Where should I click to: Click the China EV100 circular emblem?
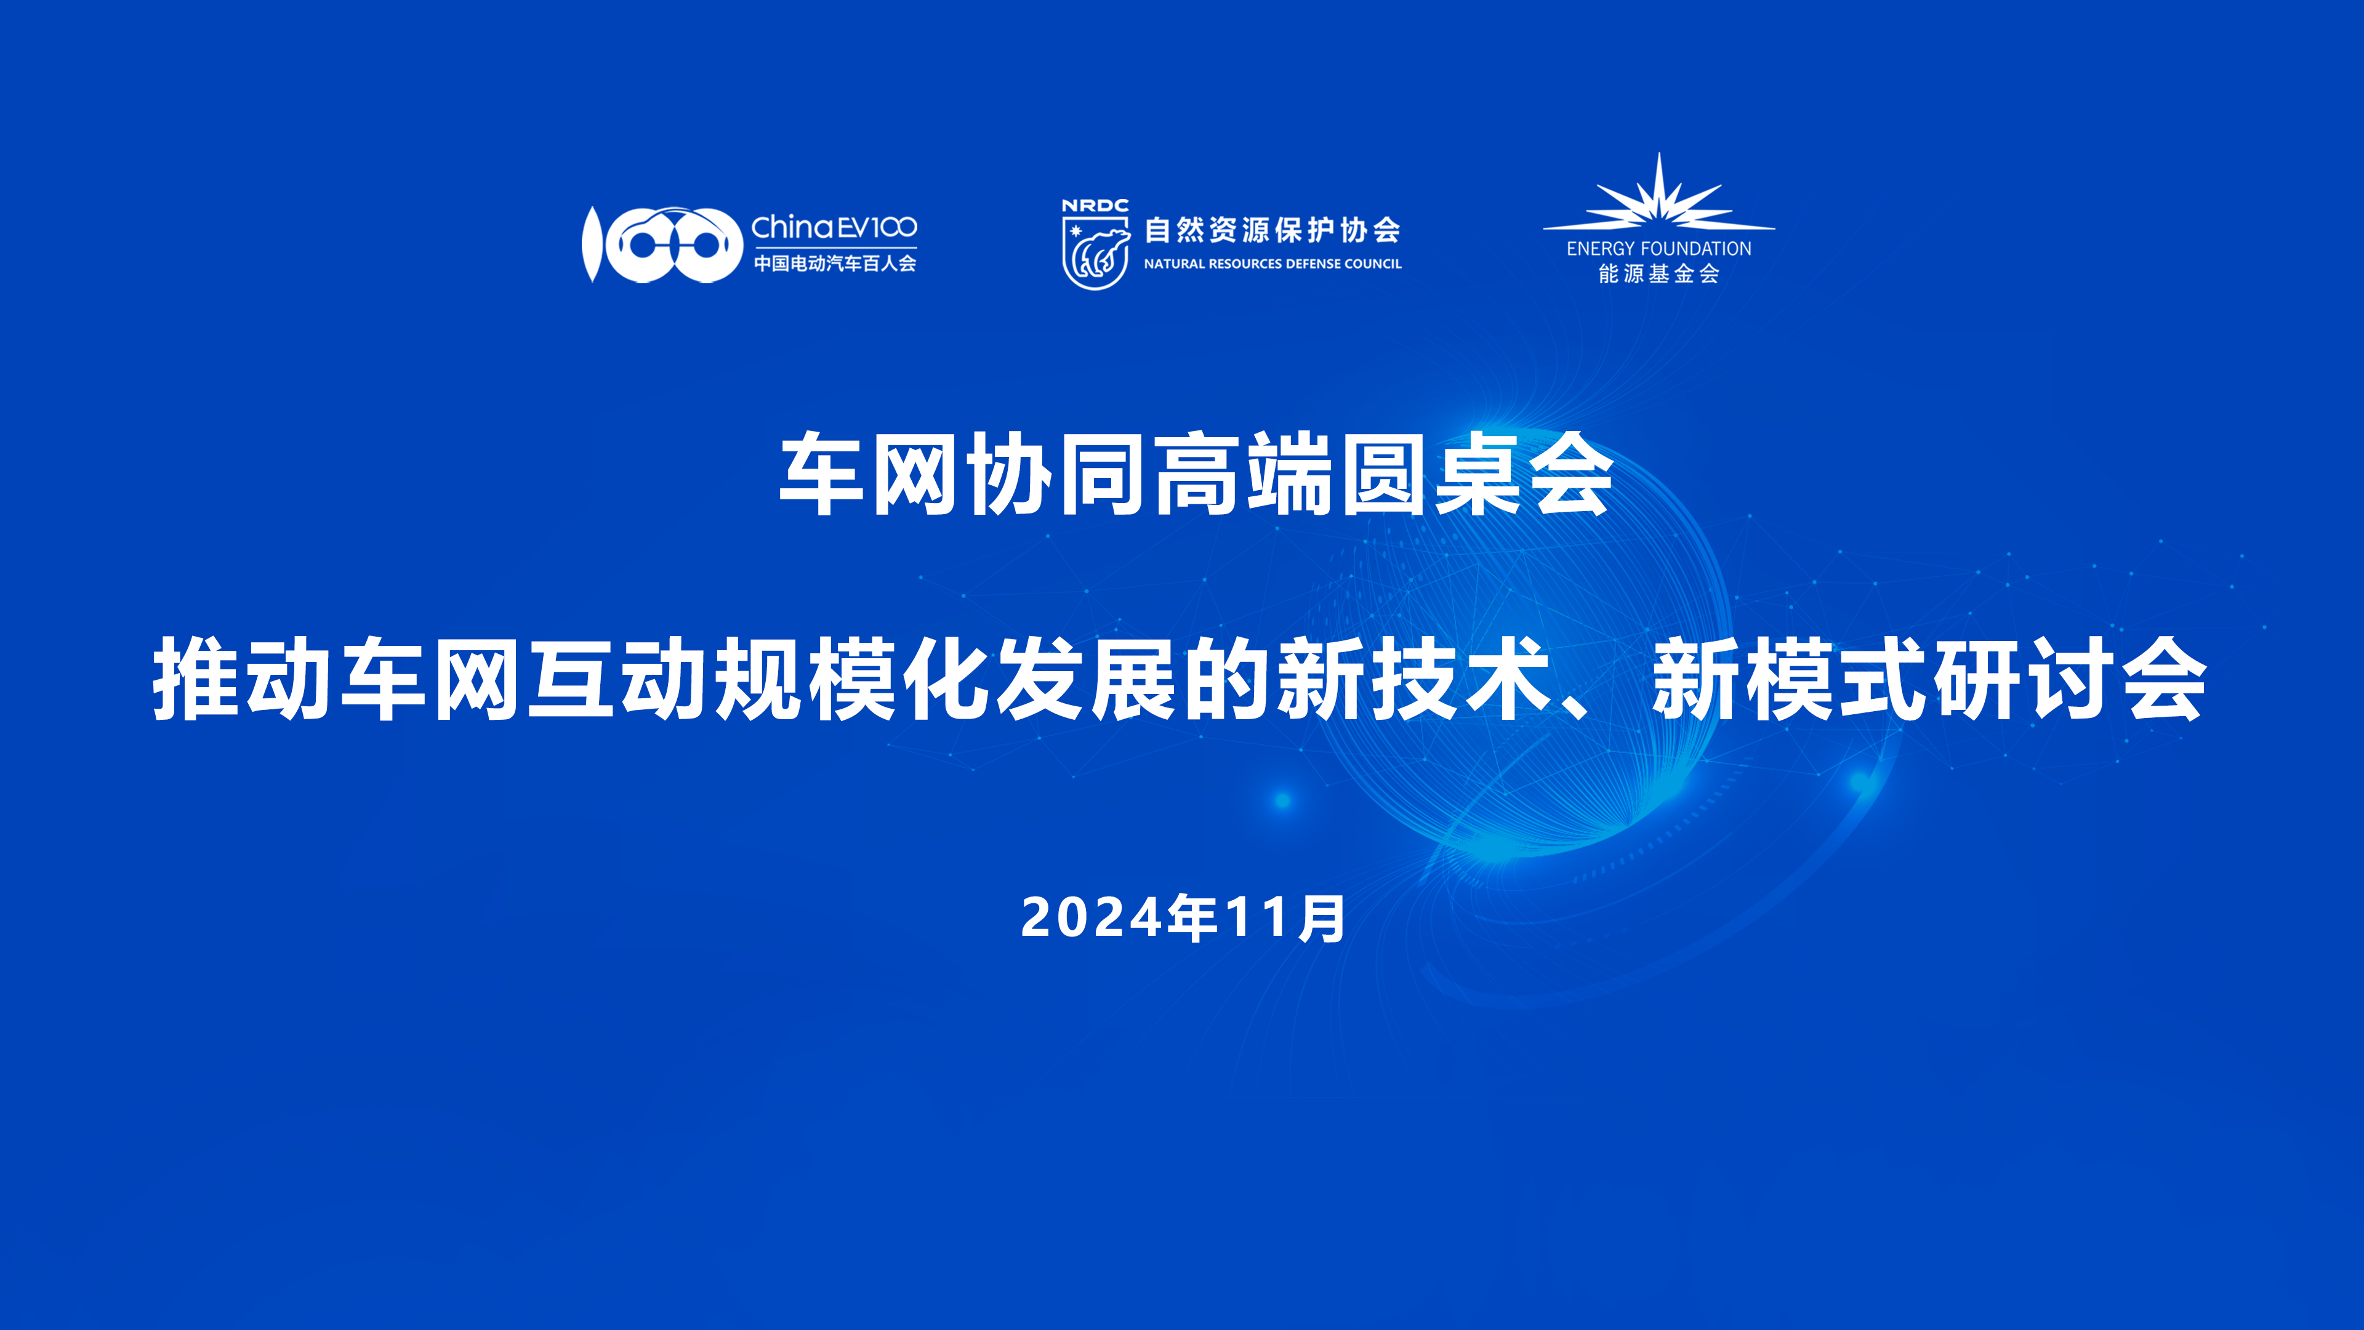point(662,244)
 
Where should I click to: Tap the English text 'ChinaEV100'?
point(834,227)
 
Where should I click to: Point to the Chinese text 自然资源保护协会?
point(1272,230)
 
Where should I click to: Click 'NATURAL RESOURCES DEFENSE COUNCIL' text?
point(1272,264)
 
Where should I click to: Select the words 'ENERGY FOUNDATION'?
point(1658,249)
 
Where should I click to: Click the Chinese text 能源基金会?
point(1658,273)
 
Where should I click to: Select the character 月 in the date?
point(1322,918)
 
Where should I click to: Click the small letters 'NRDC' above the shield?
point(1095,206)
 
